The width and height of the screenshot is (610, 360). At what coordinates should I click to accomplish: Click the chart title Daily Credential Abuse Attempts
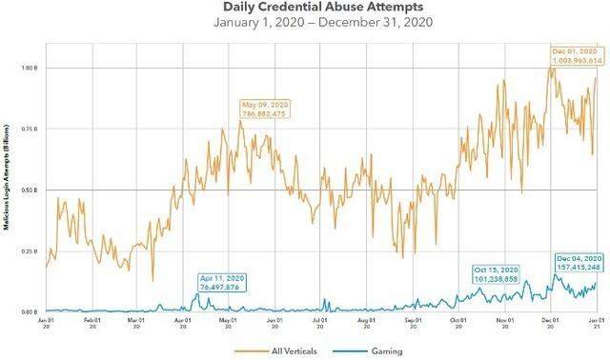(306, 9)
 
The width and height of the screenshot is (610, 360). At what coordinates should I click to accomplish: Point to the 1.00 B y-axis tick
(30, 68)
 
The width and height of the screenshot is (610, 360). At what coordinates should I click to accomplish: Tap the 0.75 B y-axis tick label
(30, 129)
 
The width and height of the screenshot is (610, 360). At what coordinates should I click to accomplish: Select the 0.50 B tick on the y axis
(30, 190)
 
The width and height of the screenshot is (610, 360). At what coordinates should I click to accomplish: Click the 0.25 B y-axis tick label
(30, 250)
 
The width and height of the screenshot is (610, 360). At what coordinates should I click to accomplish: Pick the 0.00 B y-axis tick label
(30, 311)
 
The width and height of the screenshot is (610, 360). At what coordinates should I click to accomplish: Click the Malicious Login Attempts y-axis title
(8, 190)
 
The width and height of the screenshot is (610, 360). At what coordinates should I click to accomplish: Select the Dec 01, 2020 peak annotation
(575, 54)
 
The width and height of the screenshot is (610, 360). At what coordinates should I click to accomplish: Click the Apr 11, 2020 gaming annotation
(222, 281)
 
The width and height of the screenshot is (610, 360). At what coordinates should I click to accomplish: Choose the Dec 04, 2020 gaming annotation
(579, 263)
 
